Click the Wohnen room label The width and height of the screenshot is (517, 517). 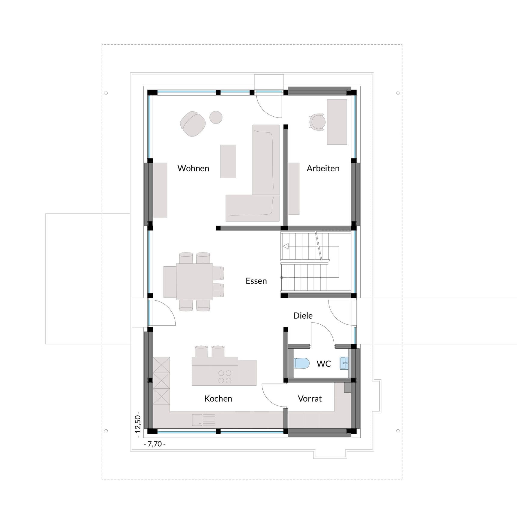193,168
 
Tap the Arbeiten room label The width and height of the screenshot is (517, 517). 323,168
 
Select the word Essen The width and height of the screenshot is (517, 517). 256,281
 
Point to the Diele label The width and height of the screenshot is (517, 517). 303,316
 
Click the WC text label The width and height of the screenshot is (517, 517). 324,364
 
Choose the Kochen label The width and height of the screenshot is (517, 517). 218,399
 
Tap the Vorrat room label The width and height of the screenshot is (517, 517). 310,399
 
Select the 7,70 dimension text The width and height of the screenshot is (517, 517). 155,444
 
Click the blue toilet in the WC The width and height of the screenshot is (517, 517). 302,363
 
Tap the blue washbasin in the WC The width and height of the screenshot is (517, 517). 344,363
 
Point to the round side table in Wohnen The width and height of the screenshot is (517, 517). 216,117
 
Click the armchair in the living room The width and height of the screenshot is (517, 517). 193,124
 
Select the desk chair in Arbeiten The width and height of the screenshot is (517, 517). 317,122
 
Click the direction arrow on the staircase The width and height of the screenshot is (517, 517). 286,246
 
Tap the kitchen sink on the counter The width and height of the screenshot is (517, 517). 197,420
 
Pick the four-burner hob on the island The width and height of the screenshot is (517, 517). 225,377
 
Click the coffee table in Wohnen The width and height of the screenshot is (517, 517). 228,161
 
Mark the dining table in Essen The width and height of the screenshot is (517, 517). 194,281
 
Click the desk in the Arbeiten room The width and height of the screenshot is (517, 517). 337,122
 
